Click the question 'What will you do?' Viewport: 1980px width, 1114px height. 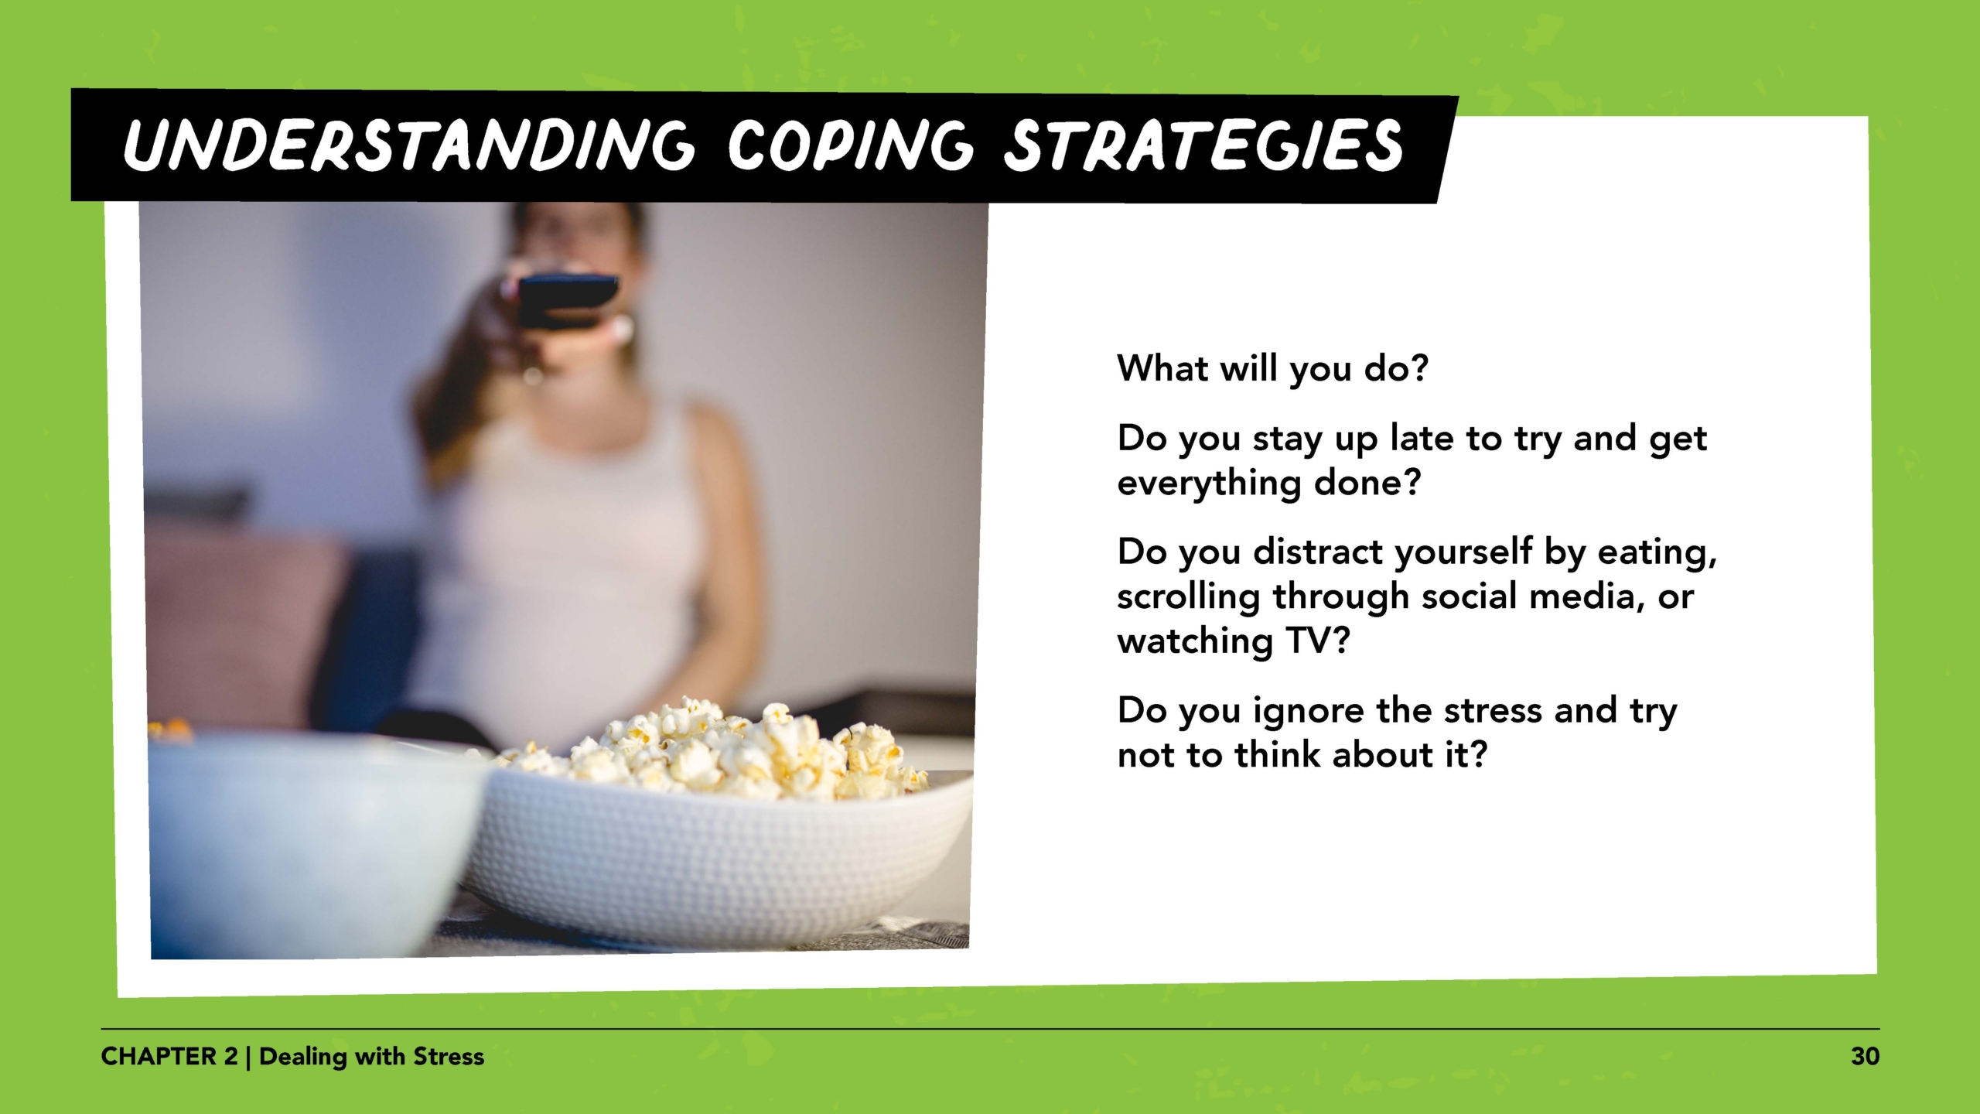coord(1272,368)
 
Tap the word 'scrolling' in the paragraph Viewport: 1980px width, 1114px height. coord(1188,597)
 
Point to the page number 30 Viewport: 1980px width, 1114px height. coord(1865,1057)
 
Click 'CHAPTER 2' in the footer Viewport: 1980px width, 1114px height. coord(169,1057)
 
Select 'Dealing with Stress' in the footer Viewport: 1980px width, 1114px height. coord(371,1057)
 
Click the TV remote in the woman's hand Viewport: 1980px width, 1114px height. coord(568,298)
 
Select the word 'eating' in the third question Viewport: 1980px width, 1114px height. coord(1656,552)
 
